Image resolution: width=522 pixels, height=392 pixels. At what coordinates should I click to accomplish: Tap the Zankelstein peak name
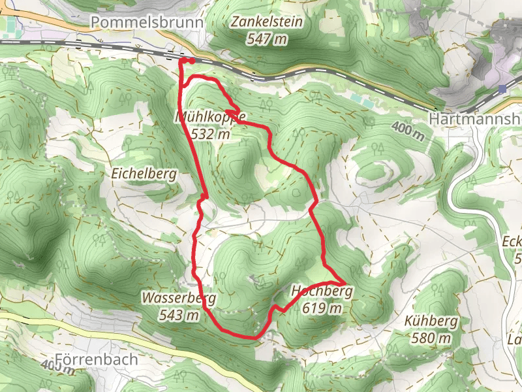(267, 22)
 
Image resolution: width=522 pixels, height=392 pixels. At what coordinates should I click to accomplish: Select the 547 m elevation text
(267, 39)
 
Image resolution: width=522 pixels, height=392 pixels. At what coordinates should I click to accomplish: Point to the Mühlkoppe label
(211, 118)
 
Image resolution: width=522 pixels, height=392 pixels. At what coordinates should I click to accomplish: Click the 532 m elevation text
(211, 135)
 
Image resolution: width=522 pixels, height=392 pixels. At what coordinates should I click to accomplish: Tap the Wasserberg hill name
(178, 299)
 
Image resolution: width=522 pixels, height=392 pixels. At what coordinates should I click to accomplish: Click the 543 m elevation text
(178, 316)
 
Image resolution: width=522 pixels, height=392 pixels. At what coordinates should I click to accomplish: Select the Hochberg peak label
(322, 291)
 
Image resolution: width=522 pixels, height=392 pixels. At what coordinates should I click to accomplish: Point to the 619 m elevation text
(322, 308)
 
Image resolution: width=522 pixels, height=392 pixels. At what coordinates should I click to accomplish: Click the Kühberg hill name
(431, 321)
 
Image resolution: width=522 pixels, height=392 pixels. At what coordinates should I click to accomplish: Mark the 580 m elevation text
(431, 338)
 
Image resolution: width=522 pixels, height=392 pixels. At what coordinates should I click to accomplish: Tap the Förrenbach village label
(97, 359)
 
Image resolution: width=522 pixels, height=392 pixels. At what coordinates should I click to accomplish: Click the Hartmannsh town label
(474, 119)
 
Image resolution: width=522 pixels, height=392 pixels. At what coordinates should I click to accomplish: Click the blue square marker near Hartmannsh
(501, 88)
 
